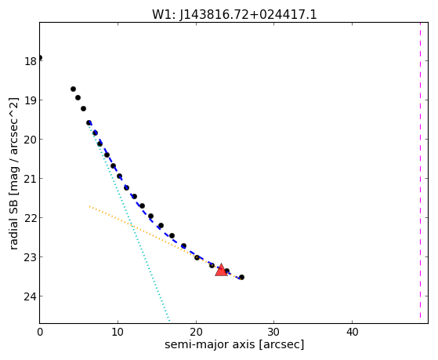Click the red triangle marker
[x=221, y=270]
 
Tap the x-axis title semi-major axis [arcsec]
[x=234, y=344]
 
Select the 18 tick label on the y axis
[x=31, y=61]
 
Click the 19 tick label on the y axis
[x=31, y=100]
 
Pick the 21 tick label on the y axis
[x=31, y=179]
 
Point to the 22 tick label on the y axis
[x=31, y=218]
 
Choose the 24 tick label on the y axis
[x=31, y=296]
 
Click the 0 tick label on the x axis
[x=40, y=332]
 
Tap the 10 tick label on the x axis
[x=118, y=332]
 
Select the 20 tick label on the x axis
[x=196, y=332]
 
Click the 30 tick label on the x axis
[x=274, y=332]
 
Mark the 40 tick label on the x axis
[x=352, y=332]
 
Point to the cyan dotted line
[x=129, y=222]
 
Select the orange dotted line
[x=165, y=242]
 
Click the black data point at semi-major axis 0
[x=40, y=57]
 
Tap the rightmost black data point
[x=241, y=277]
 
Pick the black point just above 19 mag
[x=78, y=97]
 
